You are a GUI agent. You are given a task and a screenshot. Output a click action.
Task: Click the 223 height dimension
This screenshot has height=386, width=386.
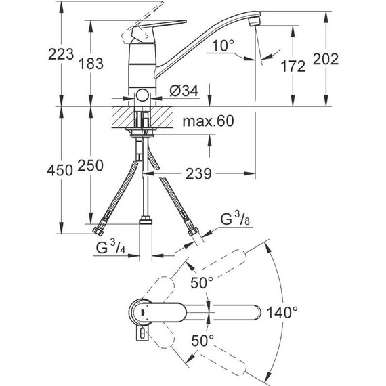(61, 54)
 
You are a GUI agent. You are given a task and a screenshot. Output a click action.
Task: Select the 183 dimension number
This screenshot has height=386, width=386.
(91, 64)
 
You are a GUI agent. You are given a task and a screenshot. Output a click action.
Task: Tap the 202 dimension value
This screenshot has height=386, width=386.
(326, 59)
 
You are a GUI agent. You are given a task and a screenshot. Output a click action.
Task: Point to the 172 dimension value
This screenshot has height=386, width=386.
(293, 66)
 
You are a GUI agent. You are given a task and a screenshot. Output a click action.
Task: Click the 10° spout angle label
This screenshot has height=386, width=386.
(223, 46)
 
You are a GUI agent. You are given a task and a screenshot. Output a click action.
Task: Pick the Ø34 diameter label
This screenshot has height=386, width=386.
(184, 91)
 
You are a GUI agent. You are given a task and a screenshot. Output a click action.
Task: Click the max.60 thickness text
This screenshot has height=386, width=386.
(208, 121)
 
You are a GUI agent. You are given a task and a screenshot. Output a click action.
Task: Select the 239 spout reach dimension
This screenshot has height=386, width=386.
(198, 173)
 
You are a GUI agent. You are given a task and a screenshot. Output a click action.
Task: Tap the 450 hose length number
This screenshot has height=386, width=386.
(60, 171)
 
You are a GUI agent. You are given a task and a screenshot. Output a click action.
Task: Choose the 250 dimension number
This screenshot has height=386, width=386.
(90, 165)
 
